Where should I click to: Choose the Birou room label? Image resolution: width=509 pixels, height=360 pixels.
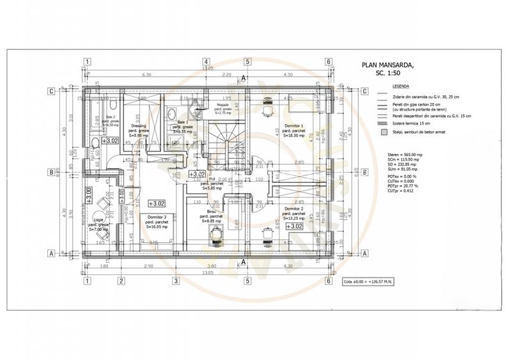click(211, 210)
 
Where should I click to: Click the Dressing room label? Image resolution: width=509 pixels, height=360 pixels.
click(139, 126)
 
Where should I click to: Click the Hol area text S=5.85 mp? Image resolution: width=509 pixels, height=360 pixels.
click(211, 189)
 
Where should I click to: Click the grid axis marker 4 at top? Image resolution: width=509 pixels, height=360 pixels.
click(242, 63)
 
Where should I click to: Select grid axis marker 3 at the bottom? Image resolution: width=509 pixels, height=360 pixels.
click(175, 280)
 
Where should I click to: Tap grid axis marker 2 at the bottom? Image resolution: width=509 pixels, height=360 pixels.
click(120, 280)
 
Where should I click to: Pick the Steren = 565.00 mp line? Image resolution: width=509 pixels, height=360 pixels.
click(405, 155)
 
